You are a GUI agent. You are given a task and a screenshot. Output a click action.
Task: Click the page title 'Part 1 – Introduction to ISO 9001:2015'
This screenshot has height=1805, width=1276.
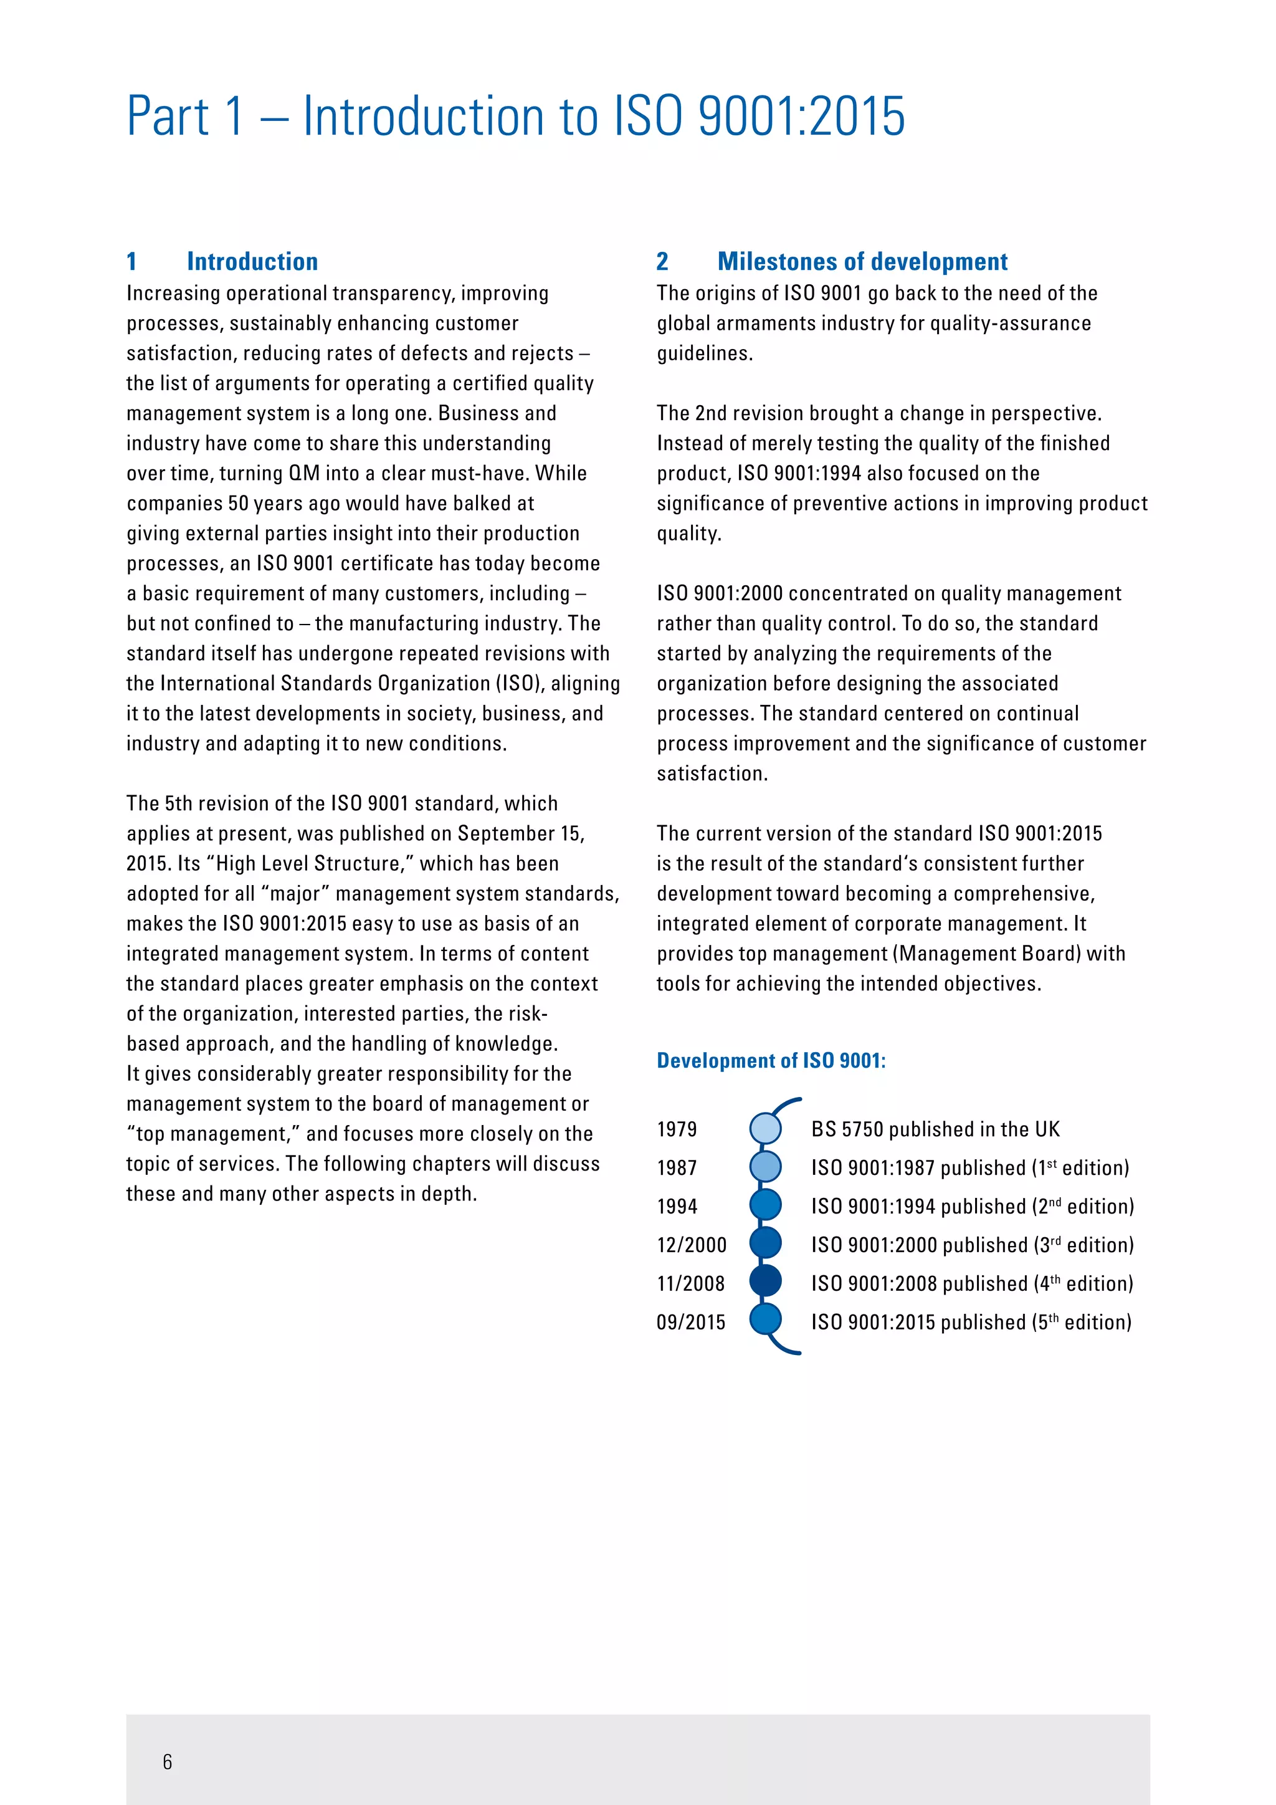pyautogui.click(x=515, y=117)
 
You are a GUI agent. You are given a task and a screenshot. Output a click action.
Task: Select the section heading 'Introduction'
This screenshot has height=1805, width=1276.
pyautogui.click(x=252, y=261)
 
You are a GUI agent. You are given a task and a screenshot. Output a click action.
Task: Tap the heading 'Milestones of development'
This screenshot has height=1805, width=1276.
pyautogui.click(x=862, y=261)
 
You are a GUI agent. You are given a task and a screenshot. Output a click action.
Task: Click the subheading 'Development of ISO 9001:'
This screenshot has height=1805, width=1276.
pyautogui.click(x=771, y=1061)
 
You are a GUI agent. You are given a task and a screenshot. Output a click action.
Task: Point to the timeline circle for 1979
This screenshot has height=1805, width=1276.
pyautogui.click(x=765, y=1128)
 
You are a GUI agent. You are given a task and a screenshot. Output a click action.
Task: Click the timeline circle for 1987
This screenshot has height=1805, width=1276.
pyautogui.click(x=765, y=1167)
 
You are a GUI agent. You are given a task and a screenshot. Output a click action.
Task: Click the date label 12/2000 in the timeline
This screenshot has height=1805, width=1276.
pyautogui.click(x=692, y=1245)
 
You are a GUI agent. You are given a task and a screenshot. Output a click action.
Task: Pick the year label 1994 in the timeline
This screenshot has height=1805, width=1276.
pyautogui.click(x=677, y=1206)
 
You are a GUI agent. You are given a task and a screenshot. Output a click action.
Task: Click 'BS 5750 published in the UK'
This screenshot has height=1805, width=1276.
pyautogui.click(x=935, y=1129)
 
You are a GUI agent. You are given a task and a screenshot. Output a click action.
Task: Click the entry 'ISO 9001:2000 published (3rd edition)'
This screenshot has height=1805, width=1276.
pyautogui.click(x=972, y=1245)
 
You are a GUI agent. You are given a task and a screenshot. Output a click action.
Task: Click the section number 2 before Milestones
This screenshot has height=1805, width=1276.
pyautogui.click(x=662, y=261)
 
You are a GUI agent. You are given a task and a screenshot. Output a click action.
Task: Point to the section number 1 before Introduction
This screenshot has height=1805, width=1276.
pyautogui.click(x=132, y=261)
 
